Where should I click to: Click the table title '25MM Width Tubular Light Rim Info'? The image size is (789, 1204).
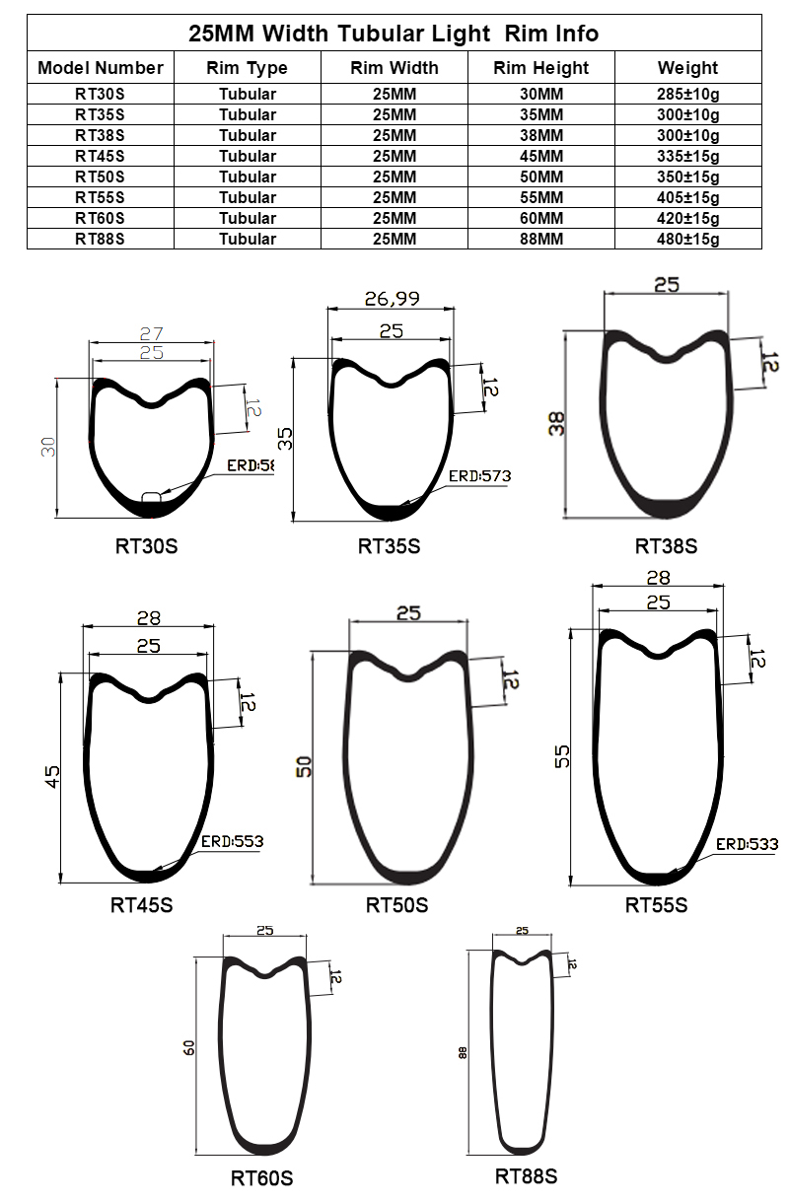pos(394,34)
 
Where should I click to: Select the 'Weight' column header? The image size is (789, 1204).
pos(687,68)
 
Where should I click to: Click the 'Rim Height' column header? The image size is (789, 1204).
pos(540,68)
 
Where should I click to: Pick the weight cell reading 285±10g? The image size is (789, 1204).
pos(687,95)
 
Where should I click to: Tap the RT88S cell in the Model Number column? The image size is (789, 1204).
pos(100,239)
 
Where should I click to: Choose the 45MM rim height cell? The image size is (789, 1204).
pos(540,156)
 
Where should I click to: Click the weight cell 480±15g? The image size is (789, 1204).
pos(687,239)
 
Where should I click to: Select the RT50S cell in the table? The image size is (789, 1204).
pos(100,177)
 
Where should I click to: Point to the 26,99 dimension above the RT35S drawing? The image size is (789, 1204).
pos(391,298)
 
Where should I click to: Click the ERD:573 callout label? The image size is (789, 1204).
pos(479,476)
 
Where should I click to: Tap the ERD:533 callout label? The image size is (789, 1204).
pos(747,844)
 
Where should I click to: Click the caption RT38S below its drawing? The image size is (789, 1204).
pos(666,546)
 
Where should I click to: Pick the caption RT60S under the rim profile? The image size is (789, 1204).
pos(261,1178)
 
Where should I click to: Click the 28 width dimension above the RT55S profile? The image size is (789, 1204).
pos(658,578)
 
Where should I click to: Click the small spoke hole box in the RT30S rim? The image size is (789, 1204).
pos(151,497)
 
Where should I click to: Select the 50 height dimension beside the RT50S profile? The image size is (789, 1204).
pos(304,766)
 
